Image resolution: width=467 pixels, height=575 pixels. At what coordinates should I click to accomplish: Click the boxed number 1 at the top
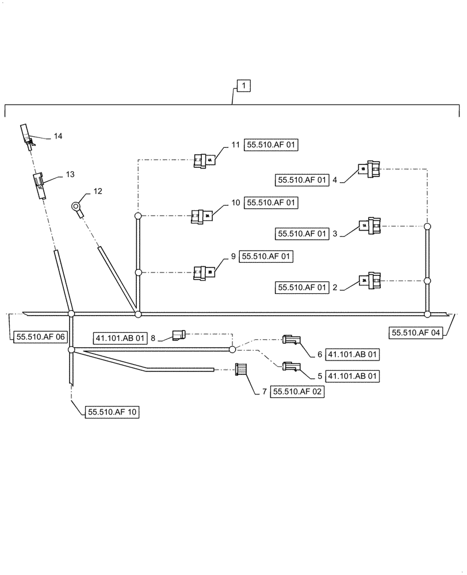244,86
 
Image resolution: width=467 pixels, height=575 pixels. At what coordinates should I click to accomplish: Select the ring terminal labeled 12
77,207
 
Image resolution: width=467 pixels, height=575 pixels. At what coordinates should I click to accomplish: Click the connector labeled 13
39,185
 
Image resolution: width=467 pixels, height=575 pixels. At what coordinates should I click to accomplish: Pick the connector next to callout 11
204,161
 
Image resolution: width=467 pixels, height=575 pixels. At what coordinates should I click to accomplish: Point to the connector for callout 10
202,216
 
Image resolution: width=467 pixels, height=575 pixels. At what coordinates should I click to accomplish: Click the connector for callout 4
369,169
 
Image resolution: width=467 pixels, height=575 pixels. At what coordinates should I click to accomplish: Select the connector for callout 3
369,226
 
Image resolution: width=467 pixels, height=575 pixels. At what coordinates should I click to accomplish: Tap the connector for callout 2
369,281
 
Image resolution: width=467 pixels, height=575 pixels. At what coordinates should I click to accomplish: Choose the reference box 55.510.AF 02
297,392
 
